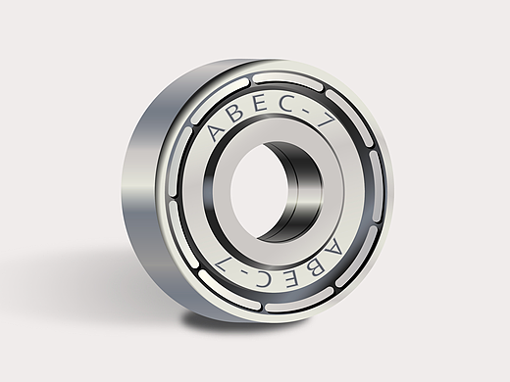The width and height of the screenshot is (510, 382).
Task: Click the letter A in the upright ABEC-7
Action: click(217, 131)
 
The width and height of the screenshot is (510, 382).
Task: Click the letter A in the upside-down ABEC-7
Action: click(333, 248)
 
